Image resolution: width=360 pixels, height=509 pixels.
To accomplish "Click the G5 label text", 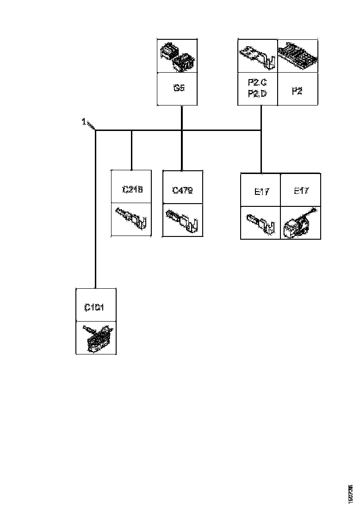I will point(179,88).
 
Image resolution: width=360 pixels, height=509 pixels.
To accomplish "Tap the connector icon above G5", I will point(178,56).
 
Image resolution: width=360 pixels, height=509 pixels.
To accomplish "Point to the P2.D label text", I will point(257,94).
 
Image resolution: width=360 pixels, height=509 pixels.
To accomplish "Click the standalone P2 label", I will point(297,91).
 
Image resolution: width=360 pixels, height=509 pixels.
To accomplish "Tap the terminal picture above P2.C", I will point(257,56).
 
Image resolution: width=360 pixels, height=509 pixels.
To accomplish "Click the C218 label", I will point(132,189).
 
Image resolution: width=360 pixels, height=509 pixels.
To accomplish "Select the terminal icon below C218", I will point(132,219).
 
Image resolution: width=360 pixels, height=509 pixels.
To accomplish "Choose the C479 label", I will point(182,190).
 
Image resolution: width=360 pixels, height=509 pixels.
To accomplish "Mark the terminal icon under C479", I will point(182,221).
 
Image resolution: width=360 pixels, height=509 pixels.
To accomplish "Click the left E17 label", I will point(262,192).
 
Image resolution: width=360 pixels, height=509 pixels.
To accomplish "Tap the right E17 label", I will point(302,191).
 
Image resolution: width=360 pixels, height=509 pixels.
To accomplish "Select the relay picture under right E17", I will point(300,223).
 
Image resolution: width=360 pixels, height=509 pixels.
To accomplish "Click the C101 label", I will point(94,307).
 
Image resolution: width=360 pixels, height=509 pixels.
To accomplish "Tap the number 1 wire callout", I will point(84,122).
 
